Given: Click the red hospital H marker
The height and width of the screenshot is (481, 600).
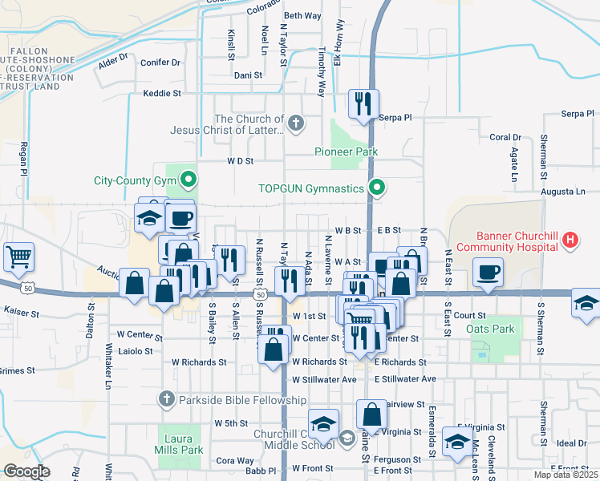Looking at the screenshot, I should [570, 239].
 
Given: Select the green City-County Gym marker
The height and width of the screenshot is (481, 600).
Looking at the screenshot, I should [189, 180].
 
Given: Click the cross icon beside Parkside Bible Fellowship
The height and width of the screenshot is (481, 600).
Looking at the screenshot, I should [166, 398].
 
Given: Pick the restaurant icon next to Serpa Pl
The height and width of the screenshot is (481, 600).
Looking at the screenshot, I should [363, 103].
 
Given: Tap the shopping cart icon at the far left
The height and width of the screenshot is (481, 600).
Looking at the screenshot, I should [18, 257].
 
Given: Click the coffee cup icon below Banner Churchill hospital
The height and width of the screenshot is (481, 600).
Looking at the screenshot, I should [488, 273].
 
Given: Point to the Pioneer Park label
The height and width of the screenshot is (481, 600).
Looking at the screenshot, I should [345, 152].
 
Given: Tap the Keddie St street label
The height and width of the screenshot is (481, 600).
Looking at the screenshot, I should [162, 94].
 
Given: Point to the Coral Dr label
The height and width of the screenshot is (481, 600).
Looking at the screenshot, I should [505, 138].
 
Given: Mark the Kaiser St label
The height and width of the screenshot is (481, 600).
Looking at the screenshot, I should [22, 309].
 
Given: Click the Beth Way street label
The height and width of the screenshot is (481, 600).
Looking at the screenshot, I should [302, 15].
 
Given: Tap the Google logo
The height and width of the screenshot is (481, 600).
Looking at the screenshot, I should [26, 471].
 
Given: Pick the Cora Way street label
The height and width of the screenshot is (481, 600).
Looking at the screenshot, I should [234, 461].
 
